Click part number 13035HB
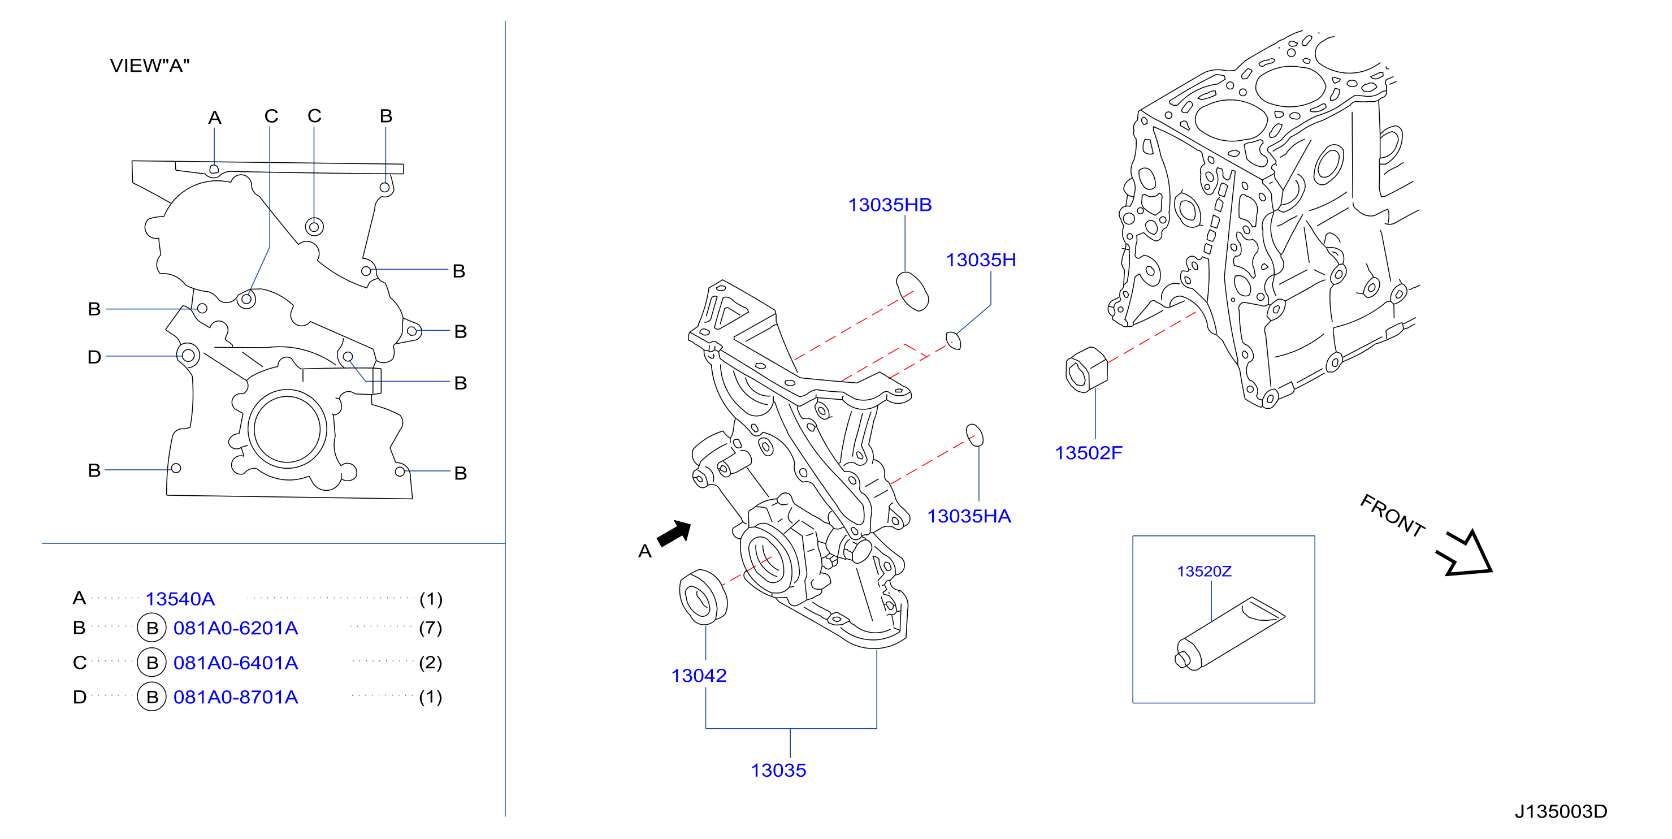[x=889, y=205]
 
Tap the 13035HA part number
[x=968, y=516]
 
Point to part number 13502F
[x=1088, y=453]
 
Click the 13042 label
[x=699, y=676]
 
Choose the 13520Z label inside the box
[x=1204, y=572]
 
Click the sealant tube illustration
[x=1229, y=633]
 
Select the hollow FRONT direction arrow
[x=1465, y=553]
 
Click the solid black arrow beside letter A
[x=675, y=534]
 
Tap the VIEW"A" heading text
[x=149, y=66]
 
